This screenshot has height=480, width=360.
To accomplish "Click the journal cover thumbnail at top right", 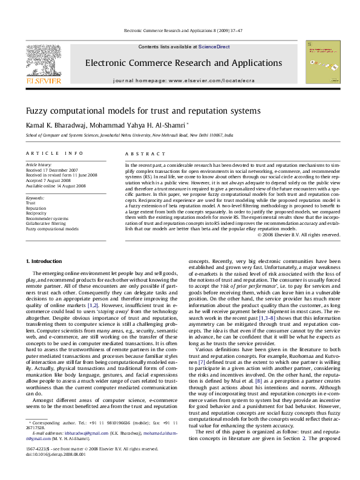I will pyautogui.click(x=321, y=62).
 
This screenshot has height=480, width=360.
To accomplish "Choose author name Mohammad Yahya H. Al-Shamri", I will pyautogui.click(x=138, y=125).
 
